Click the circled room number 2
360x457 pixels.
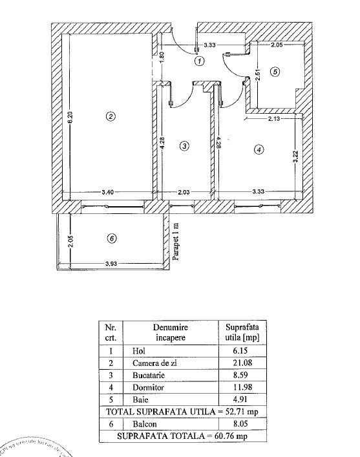click(111, 116)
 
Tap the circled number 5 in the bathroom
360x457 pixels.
click(275, 72)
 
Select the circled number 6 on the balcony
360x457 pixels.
click(111, 239)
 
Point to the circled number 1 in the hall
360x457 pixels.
click(200, 61)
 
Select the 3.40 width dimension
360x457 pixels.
click(109, 191)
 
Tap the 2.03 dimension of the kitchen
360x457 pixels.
click(185, 191)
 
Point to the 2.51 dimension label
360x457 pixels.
click(257, 73)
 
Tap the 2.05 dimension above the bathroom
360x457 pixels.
click(277, 45)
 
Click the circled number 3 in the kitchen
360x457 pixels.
click(184, 146)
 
